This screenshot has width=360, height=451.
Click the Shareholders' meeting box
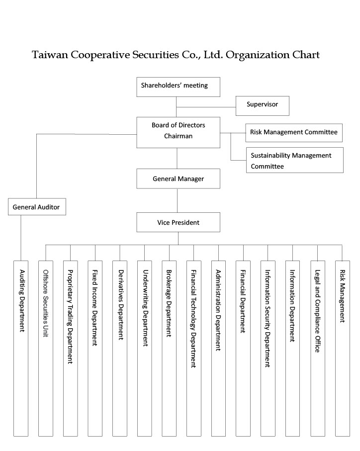pyautogui.click(x=179, y=87)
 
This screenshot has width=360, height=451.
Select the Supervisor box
pyautogui.click(x=262, y=106)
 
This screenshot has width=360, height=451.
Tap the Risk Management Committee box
pyautogui.click(x=294, y=133)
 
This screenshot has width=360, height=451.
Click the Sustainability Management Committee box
pyautogui.click(x=295, y=160)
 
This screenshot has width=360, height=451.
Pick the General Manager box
pyautogui.click(x=179, y=179)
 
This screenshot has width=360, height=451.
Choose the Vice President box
pyautogui.click(x=179, y=222)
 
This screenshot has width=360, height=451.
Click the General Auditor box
pyautogui.click(x=37, y=206)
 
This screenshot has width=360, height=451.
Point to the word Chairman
pyautogui.click(x=179, y=136)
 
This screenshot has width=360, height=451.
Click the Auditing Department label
pyautogui.click(x=22, y=301)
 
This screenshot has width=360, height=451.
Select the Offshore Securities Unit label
pyautogui.click(x=46, y=303)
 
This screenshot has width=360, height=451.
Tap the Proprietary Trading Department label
pyautogui.click(x=70, y=317)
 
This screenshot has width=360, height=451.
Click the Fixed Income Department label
pyautogui.click(x=94, y=307)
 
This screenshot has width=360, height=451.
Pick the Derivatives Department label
pyautogui.click(x=121, y=305)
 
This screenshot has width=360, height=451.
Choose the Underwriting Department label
pyautogui.click(x=146, y=308)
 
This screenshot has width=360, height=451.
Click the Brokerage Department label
pyautogui.click(x=169, y=303)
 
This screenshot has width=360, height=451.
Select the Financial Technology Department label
pyautogui.click(x=193, y=318)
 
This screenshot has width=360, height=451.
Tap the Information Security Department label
pyautogui.click(x=268, y=318)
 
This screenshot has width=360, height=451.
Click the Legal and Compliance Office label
pyautogui.click(x=317, y=311)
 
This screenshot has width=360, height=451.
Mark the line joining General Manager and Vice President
pyautogui.click(x=177, y=200)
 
